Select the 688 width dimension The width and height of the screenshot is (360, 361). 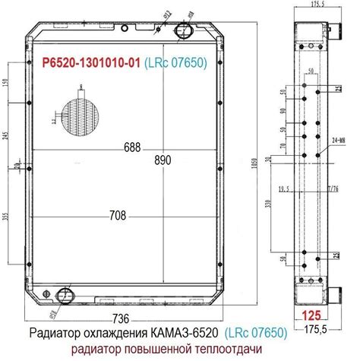(x=131, y=148)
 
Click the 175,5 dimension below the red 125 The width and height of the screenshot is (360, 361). (x=314, y=328)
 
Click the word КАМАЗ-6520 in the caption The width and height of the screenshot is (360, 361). (x=185, y=333)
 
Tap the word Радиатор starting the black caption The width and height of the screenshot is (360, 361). (x=56, y=333)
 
